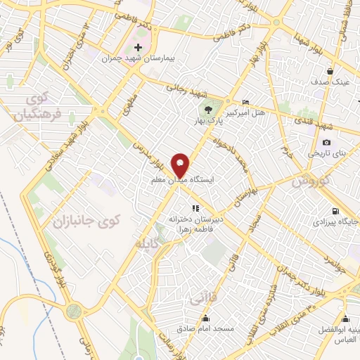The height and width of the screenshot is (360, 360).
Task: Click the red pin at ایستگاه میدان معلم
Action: pyautogui.click(x=181, y=165)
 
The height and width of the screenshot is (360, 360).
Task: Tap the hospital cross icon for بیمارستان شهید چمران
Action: pyautogui.click(x=138, y=48)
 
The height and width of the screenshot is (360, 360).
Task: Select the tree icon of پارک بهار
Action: pyautogui.click(x=208, y=109)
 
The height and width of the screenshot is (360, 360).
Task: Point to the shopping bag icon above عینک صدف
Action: pyautogui.click(x=330, y=71)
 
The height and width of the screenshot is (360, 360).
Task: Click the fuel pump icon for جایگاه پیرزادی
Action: pyautogui.click(x=333, y=211)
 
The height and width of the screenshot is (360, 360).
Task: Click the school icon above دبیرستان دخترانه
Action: pyautogui.click(x=195, y=208)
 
